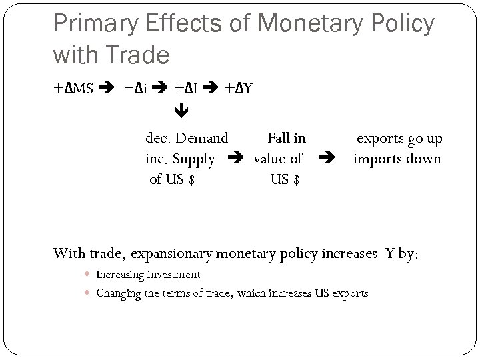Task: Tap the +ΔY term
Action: pos(238,88)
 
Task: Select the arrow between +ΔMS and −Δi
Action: pos(107,88)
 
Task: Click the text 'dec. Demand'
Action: pos(187,139)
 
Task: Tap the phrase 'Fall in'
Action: pos(287,139)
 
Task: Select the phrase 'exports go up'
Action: pos(399,139)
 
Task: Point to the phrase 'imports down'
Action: pos(397,159)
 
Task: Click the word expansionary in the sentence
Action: pos(172,253)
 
